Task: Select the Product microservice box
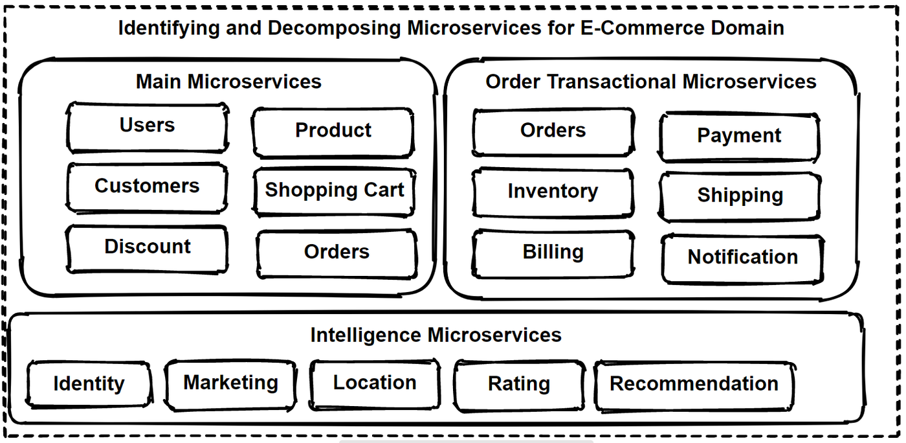click(333, 131)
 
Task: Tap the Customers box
click(147, 187)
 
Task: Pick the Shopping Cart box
click(334, 191)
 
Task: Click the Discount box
click(148, 247)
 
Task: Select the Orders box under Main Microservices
click(337, 253)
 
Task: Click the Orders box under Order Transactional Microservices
click(553, 131)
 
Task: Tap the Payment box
click(739, 136)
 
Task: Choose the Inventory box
click(553, 192)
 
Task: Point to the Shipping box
click(740, 196)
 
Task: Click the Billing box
click(553, 253)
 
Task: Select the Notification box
click(742, 258)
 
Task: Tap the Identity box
click(89, 384)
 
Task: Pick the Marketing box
click(230, 383)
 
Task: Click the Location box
click(375, 383)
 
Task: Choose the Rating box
click(519, 385)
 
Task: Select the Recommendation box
click(694, 385)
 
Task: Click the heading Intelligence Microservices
click(436, 335)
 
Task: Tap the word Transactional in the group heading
click(612, 82)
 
